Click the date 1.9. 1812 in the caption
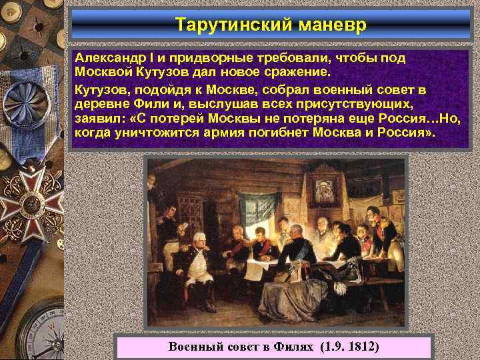pos(350,347)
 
